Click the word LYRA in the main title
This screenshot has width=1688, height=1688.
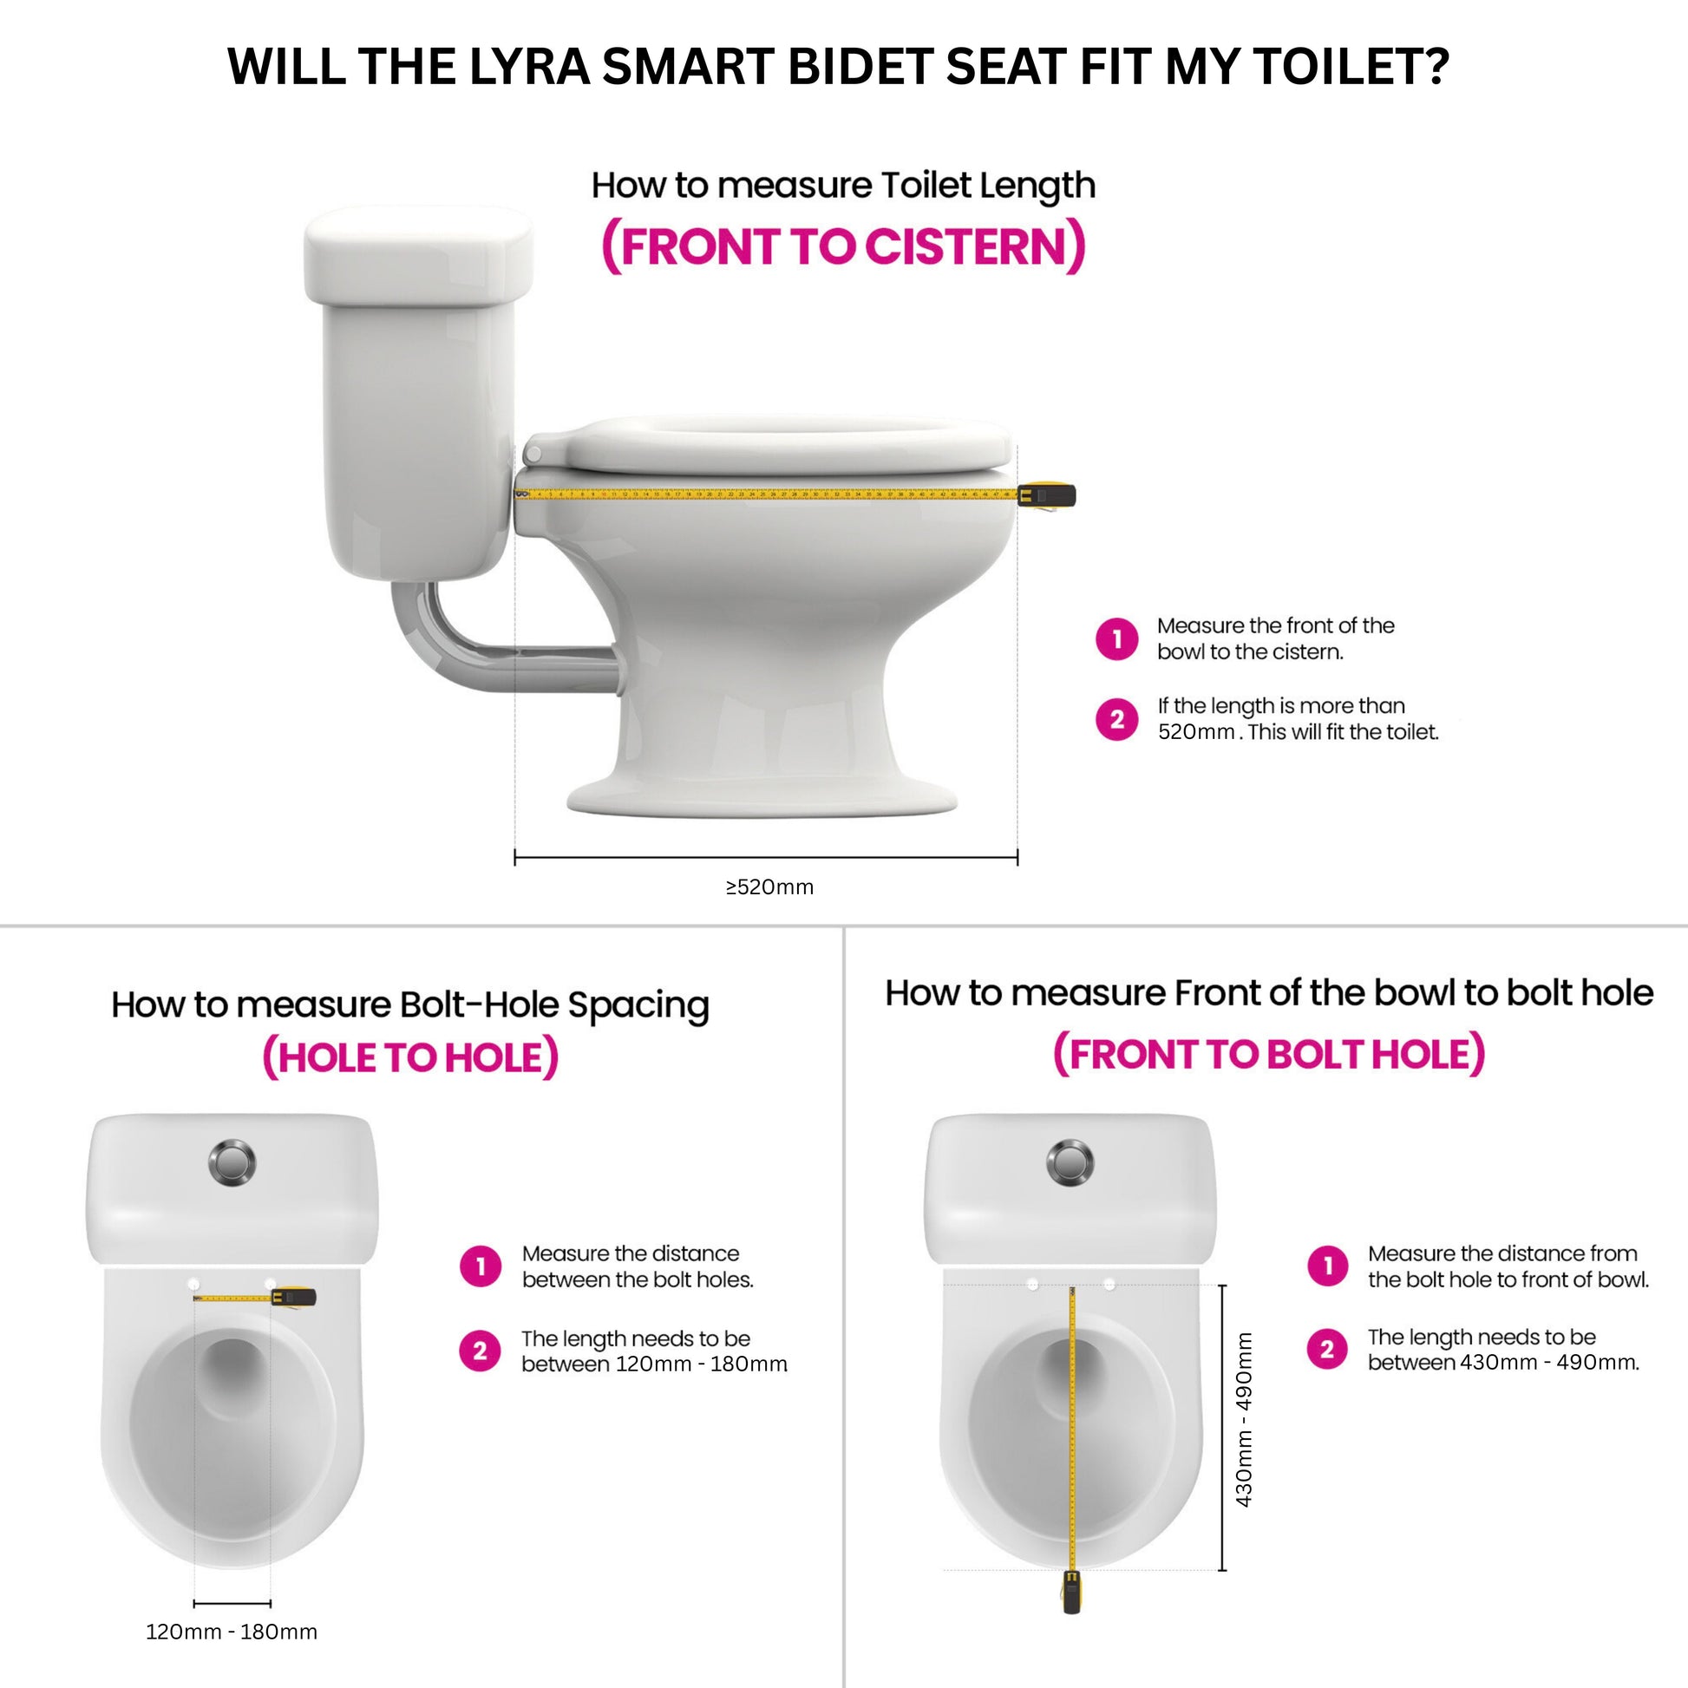(528, 67)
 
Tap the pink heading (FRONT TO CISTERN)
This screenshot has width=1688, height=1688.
(843, 246)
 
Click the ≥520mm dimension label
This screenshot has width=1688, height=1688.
(769, 887)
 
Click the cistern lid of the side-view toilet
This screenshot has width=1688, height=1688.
(417, 256)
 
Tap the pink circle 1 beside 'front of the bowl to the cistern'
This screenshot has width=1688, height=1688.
(1116, 638)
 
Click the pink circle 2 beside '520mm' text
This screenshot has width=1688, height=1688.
(1116, 719)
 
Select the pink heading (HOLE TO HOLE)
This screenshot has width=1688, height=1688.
(409, 1057)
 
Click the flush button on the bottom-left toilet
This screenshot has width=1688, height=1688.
(232, 1163)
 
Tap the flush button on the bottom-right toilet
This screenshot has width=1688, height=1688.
(1070, 1163)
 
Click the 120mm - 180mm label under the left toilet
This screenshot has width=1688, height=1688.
(232, 1632)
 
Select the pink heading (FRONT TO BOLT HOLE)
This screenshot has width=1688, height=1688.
(1269, 1054)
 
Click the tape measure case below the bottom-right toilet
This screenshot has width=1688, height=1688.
(1071, 1591)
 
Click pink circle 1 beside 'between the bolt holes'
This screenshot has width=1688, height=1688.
(480, 1266)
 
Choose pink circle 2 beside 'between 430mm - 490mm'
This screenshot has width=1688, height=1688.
(1327, 1349)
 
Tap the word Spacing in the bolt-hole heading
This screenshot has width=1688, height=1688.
(638, 1004)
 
